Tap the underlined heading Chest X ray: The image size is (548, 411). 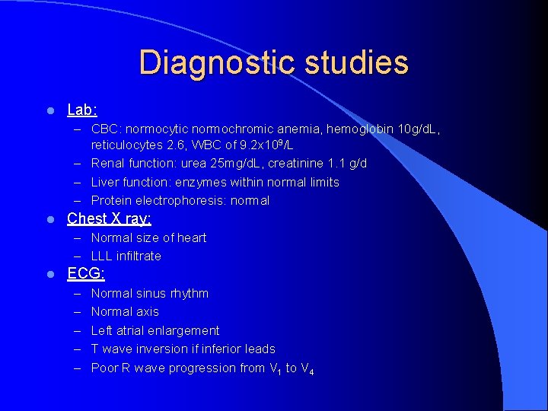tap(109, 219)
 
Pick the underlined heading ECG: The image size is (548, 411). tap(86, 274)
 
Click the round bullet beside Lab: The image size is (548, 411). tap(49, 111)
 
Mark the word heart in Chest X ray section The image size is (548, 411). tap(192, 237)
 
